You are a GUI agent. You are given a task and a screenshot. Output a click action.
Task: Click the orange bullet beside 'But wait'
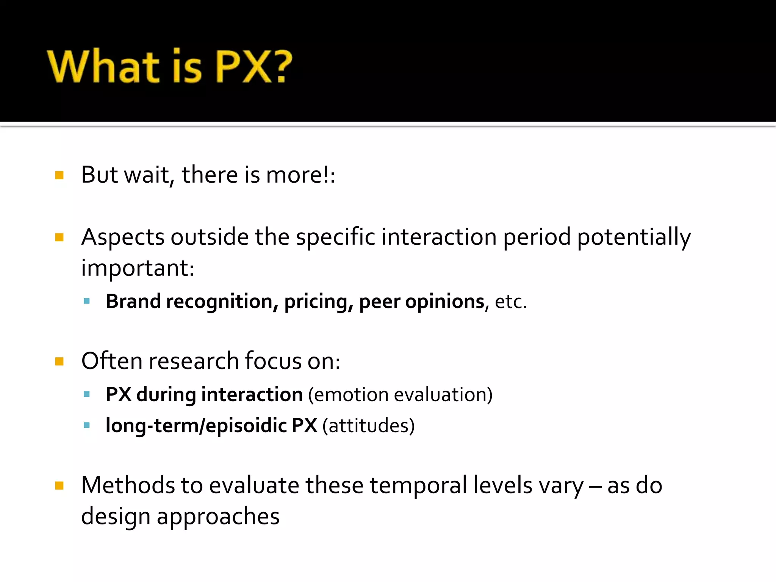[x=59, y=175]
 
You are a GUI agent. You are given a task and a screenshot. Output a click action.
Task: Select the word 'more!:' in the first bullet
[x=300, y=175]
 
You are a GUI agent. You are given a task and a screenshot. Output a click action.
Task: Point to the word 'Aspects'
[x=123, y=237]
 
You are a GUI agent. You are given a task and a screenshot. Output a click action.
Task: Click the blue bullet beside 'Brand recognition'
[x=87, y=302]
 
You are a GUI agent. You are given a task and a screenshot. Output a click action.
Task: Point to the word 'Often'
[x=112, y=361]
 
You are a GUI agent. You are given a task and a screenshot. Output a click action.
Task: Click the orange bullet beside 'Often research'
[x=59, y=361]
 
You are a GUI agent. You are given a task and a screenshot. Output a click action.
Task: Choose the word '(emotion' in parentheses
[x=348, y=395]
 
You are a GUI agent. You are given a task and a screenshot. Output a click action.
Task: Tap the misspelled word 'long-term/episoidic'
[x=196, y=426]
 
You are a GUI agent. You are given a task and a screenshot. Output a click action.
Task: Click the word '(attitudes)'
[x=368, y=426]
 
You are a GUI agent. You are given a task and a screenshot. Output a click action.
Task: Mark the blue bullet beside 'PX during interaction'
[x=87, y=394]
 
